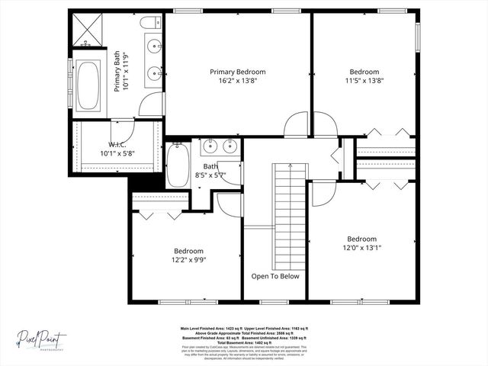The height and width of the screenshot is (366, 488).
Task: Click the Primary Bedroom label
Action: click(x=238, y=72)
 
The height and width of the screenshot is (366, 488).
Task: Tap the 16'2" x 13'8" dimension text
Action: click(x=238, y=81)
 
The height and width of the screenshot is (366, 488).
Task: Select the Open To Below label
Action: click(x=275, y=276)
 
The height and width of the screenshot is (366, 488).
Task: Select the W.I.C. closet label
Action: click(x=117, y=144)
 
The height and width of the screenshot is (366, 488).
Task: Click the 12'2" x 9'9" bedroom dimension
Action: click(x=188, y=260)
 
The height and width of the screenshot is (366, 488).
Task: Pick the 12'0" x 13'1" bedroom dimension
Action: click(x=361, y=248)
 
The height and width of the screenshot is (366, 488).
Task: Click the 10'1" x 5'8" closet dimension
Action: click(x=117, y=153)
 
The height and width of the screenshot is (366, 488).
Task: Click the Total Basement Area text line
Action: click(x=244, y=342)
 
